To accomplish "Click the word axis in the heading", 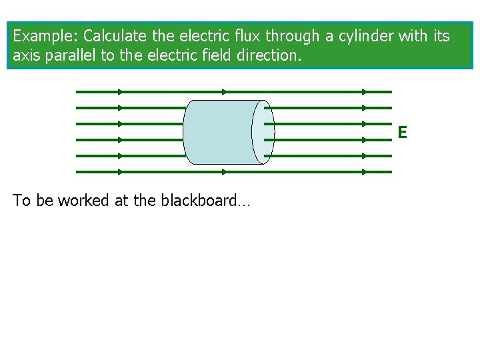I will [26, 56].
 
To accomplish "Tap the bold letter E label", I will [402, 133].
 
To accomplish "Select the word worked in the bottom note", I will [84, 201].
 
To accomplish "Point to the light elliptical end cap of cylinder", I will [263, 132].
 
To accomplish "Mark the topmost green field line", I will [233, 92].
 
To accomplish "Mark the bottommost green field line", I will [233, 172].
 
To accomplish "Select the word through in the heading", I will [291, 36].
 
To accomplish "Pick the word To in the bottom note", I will [21, 201].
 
